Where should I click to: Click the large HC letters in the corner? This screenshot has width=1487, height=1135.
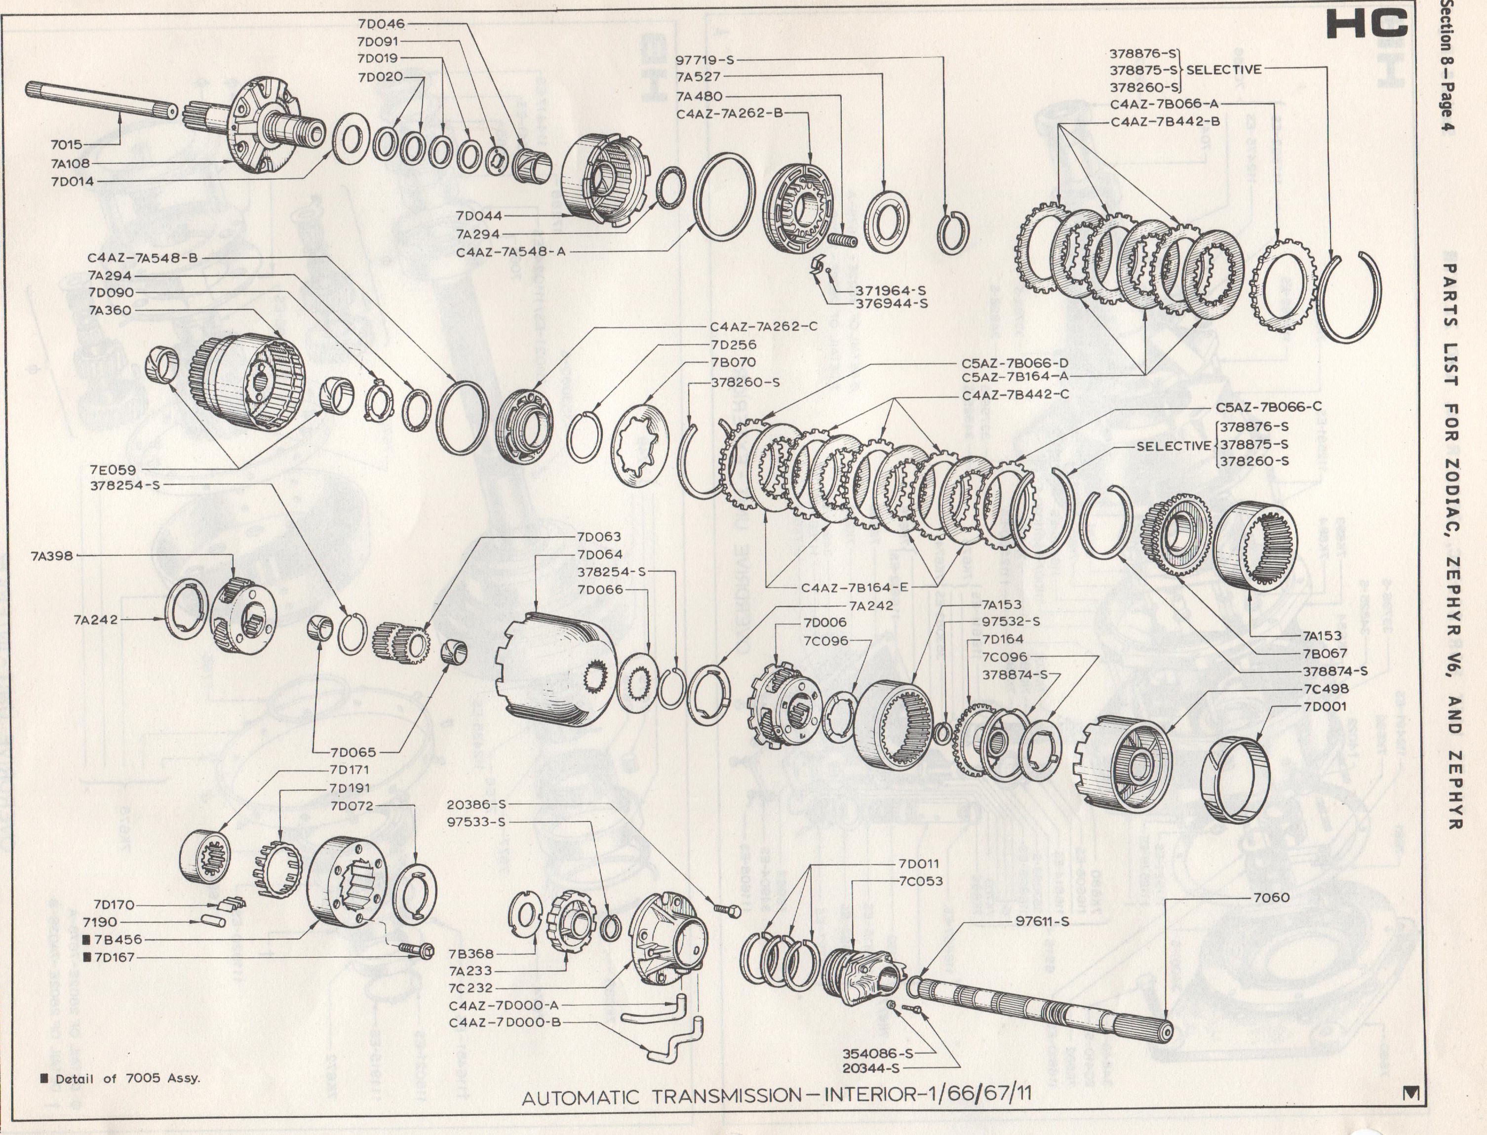pos(1366,26)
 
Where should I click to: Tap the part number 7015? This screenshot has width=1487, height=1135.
pos(66,145)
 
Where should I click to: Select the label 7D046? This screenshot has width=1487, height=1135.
pos(381,24)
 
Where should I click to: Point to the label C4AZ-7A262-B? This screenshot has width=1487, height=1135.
pos(729,114)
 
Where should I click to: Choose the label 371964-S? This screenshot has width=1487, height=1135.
pos(891,290)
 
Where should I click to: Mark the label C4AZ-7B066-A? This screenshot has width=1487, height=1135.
pos(1165,104)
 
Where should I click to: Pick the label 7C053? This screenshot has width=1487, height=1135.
pos(920,881)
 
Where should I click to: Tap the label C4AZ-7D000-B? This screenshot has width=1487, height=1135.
pos(505,1022)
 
